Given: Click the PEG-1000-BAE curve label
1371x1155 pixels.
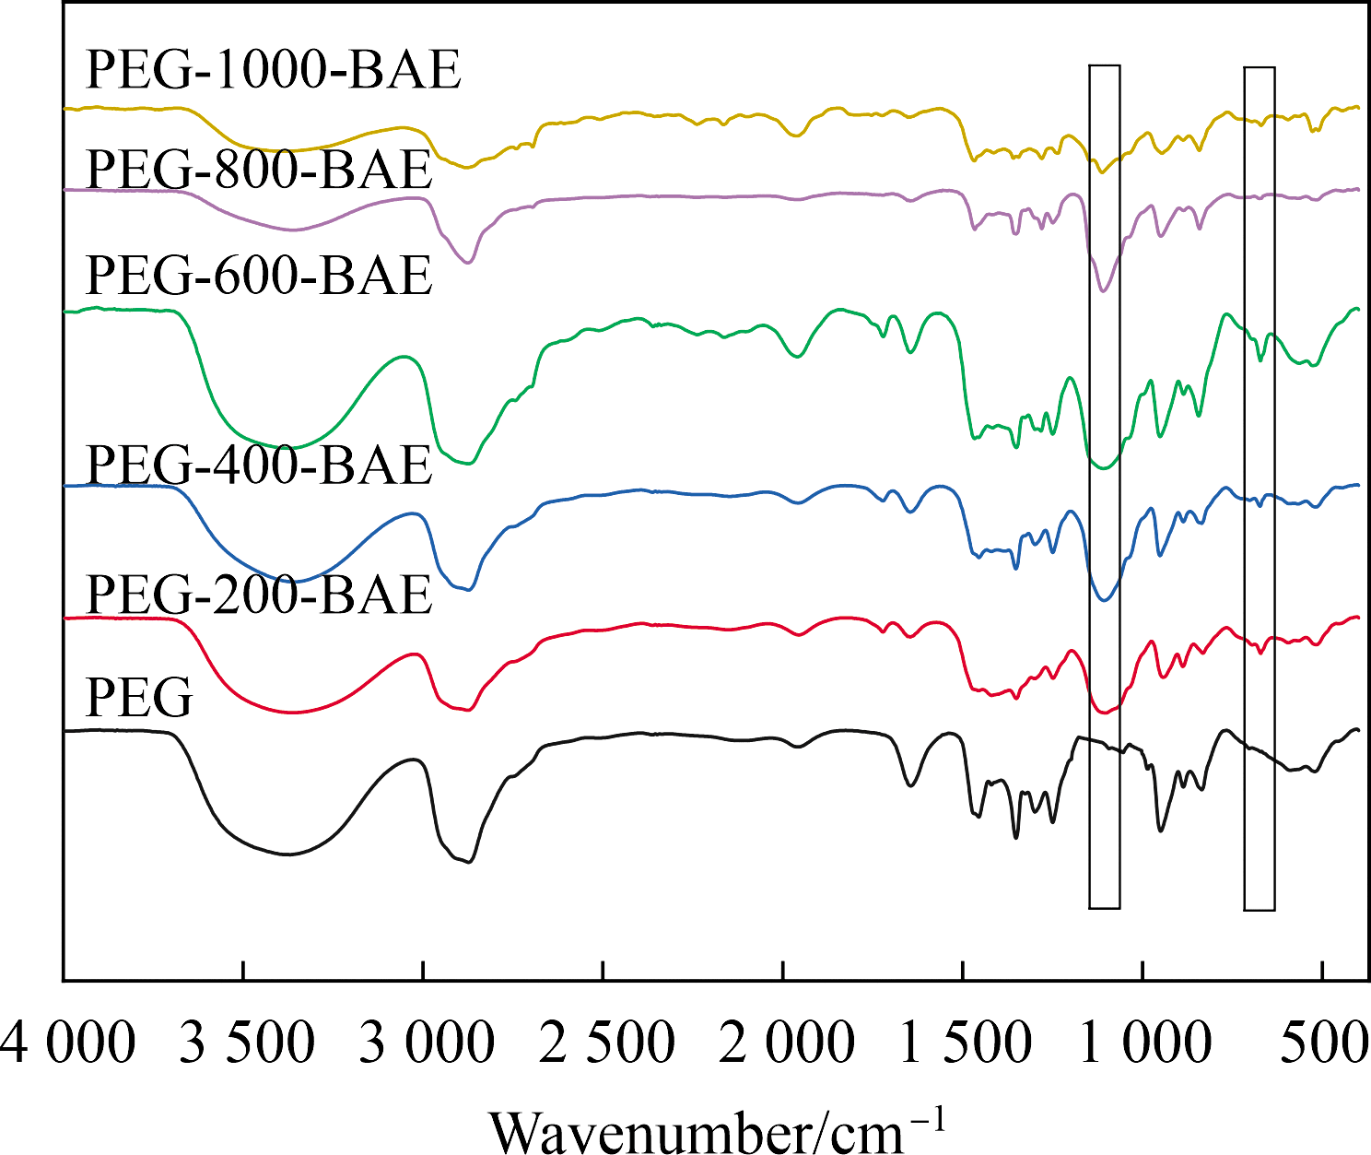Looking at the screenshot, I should click(274, 70).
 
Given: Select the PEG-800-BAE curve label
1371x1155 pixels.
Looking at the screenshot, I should click(259, 170).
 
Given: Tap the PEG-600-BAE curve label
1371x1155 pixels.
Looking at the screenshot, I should click(259, 275).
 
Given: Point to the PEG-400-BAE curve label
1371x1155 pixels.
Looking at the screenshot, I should click(259, 465).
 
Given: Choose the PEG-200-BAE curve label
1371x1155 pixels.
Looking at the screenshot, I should click(259, 595).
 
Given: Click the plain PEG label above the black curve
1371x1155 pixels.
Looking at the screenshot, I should click(139, 698).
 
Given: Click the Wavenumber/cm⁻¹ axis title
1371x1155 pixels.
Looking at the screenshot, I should click(716, 1130).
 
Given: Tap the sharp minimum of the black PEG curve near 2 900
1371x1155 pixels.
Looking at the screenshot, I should click(470, 862).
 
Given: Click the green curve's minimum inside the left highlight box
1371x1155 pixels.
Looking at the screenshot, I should click(1102, 467).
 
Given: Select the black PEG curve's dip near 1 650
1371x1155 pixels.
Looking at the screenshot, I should click(910, 785).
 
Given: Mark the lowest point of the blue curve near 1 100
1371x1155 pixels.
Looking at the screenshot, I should click(1103, 600).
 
